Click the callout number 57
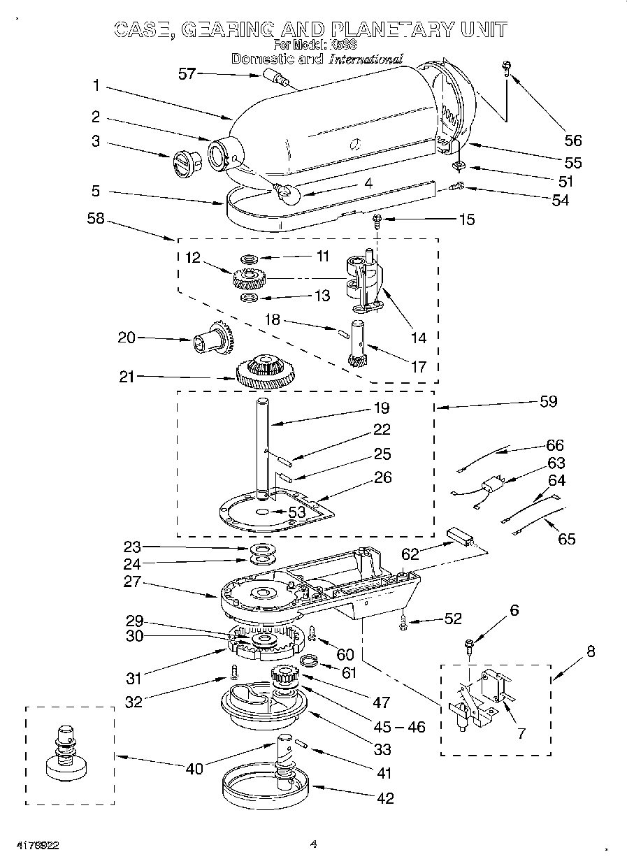point(187,73)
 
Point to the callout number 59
point(549,401)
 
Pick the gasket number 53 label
point(297,512)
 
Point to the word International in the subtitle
point(366,59)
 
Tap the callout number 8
point(591,651)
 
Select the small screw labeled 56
point(504,66)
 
